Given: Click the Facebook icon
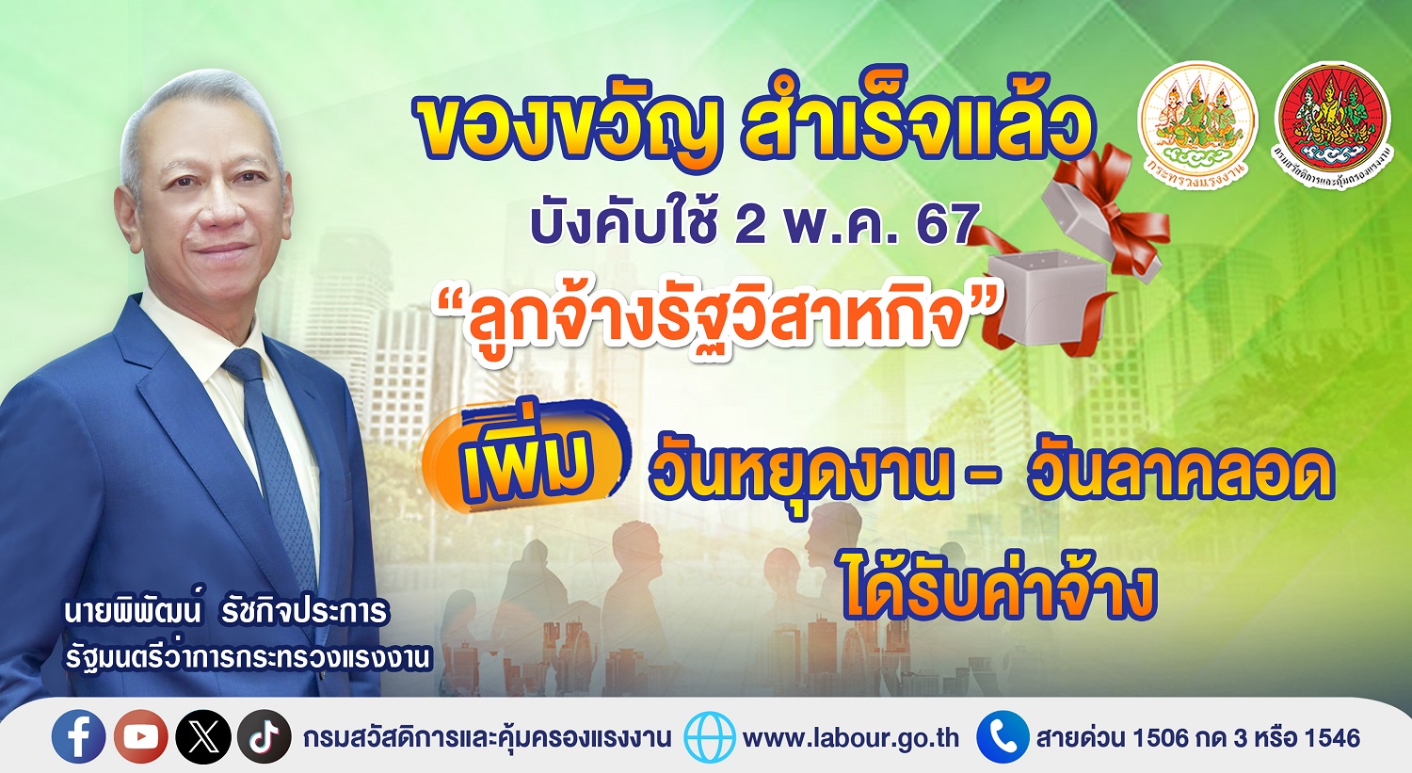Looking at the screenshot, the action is coord(79,736).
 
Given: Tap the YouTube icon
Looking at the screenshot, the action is coord(141,736).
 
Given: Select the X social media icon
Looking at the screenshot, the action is coord(203,736).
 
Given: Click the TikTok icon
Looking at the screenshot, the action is coord(265,736).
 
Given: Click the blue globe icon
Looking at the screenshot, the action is coord(710,737).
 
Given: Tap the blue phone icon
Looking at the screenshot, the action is coord(1003,737).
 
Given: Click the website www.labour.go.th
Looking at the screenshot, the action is coord(851,737).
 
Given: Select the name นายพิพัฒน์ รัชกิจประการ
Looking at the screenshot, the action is coord(226,612).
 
